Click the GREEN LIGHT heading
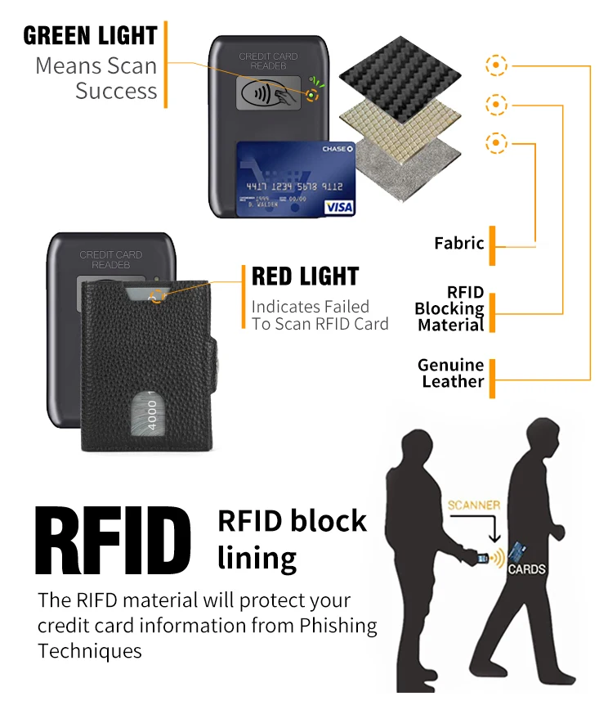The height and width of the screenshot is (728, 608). click(x=90, y=36)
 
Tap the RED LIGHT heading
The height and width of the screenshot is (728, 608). click(x=305, y=276)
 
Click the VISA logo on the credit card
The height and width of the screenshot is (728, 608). click(x=338, y=207)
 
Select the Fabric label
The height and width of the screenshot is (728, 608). click(x=459, y=243)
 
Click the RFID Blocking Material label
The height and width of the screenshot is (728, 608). click(x=449, y=308)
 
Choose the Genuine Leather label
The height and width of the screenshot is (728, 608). click(x=451, y=373)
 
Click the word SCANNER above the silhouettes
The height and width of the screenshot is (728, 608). click(x=474, y=506)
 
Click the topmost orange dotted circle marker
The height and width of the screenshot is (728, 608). click(x=496, y=65)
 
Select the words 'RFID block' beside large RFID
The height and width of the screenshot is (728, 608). click(x=293, y=521)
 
